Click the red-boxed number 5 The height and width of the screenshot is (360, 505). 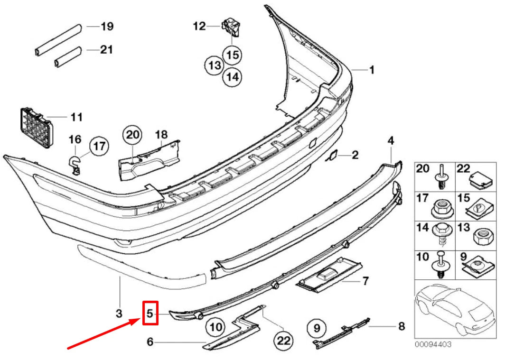[150, 314]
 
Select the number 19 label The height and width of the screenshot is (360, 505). [107, 26]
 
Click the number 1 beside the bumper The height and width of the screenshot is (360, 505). [372, 70]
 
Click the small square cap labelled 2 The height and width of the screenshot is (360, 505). [334, 155]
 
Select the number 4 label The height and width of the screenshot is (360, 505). [391, 140]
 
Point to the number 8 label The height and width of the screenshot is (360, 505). [402, 326]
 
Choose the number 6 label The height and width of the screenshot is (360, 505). [150, 342]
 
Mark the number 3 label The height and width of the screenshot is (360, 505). [119, 314]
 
